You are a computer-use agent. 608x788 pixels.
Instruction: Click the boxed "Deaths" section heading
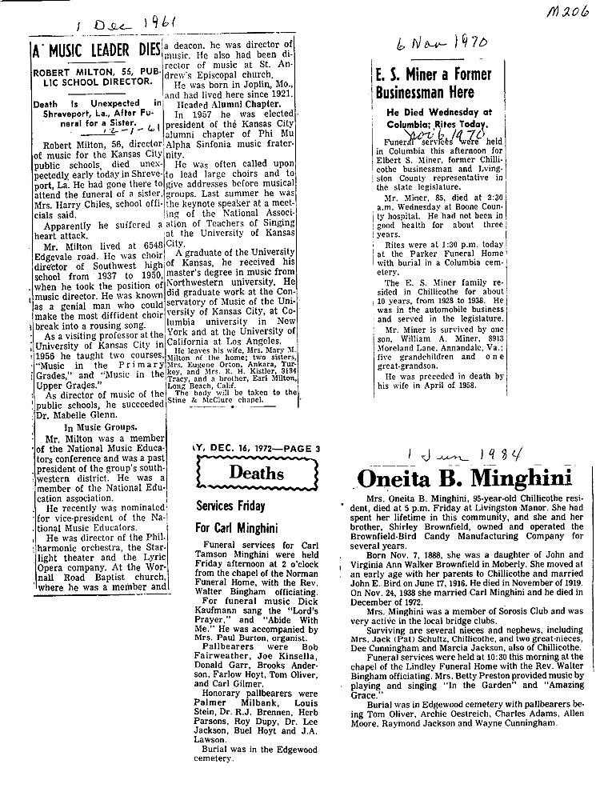coord(256,472)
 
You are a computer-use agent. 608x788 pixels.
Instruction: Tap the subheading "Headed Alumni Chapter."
coord(233,103)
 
